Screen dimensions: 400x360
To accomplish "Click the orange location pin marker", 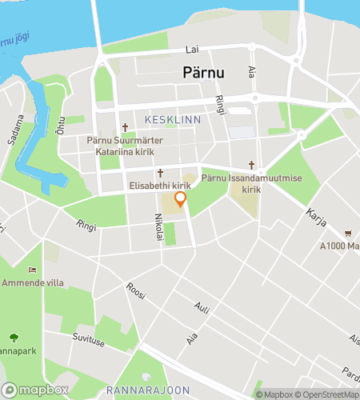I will [180, 199].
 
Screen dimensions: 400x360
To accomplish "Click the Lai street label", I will [191, 50].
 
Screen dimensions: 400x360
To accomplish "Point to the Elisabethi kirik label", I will [158, 185].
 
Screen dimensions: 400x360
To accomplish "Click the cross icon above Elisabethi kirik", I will [160, 173].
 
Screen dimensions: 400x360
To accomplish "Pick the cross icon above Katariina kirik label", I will [125, 127].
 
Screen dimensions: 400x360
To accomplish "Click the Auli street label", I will [202, 306].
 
